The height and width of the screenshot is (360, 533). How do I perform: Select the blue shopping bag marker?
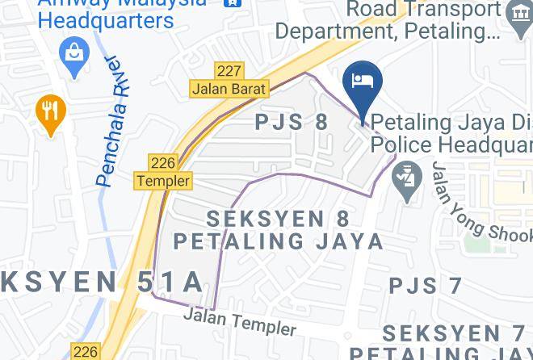click(74, 55)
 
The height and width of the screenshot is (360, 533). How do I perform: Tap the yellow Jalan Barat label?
click(229, 89)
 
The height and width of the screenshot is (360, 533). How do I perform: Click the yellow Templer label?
click(163, 182)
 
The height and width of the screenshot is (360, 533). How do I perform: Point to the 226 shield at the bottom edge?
click(86, 351)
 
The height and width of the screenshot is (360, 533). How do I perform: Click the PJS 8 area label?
click(292, 123)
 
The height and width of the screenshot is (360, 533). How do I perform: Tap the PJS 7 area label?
click(425, 286)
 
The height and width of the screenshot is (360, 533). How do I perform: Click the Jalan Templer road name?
click(239, 320)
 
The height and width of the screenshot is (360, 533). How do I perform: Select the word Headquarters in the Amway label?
click(106, 19)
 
